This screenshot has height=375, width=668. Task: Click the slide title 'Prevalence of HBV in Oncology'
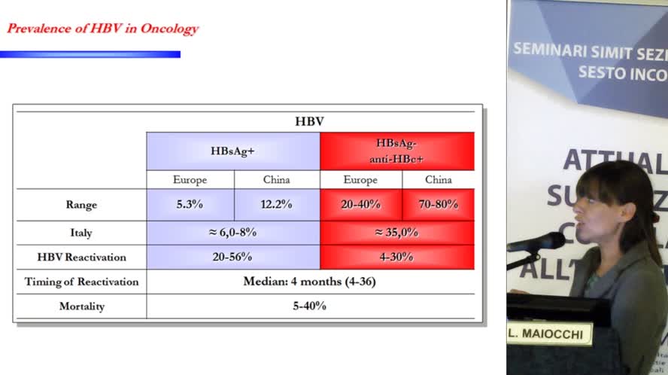tap(102, 29)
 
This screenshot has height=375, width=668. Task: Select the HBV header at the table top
tap(309, 121)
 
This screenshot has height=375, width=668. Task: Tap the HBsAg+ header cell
tap(232, 151)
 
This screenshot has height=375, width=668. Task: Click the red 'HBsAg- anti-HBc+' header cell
tap(396, 151)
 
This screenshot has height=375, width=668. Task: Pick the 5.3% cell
tap(190, 204)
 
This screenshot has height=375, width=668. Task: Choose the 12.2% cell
tap(277, 204)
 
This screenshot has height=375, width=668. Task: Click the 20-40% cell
tap(360, 204)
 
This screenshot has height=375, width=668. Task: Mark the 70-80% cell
tap(438, 204)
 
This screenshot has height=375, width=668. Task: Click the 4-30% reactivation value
tap(396, 257)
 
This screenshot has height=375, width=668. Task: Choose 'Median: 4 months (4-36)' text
tap(309, 282)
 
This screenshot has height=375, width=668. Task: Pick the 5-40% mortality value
tap(309, 306)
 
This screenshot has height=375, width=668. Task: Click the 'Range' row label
tap(81, 204)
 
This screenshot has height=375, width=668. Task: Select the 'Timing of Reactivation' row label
tap(81, 282)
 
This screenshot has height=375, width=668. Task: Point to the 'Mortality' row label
tap(81, 306)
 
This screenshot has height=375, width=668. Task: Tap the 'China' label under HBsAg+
tap(276, 180)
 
